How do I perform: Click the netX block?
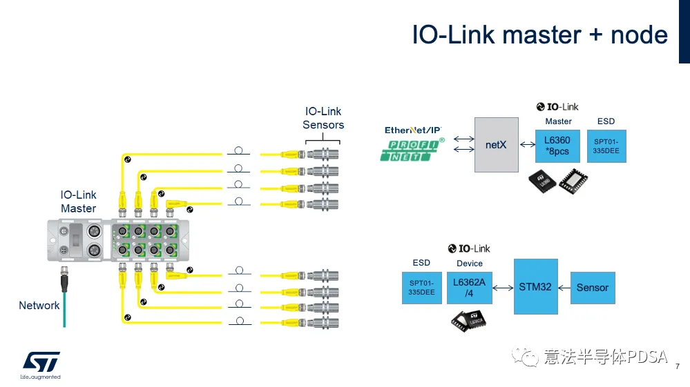coord(496,145)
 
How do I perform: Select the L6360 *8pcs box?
coord(557,145)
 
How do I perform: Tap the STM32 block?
coord(535,286)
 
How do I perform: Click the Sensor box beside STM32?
coord(592,288)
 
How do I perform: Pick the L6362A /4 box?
coord(470,288)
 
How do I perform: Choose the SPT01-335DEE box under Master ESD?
coord(606,145)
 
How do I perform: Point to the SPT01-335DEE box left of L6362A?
coord(421,288)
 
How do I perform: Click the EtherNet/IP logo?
coord(412,130)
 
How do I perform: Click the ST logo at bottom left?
coord(41,361)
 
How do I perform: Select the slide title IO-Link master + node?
coord(539,35)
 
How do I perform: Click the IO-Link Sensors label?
coord(323,118)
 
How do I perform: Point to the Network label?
coord(39,306)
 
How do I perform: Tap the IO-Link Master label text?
coord(78,202)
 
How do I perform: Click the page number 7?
coord(678,366)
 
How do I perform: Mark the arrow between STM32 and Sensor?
coord(564,287)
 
